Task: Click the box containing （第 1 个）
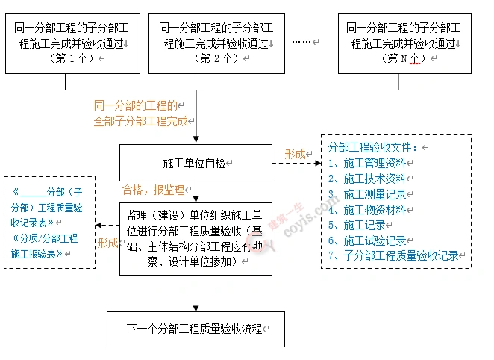[72, 43]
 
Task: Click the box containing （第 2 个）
[216, 43]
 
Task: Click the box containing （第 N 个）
[404, 43]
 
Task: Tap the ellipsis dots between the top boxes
[302, 42]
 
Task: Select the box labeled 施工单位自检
[196, 162]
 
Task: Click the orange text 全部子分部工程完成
[140, 121]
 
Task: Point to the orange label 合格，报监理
[153, 190]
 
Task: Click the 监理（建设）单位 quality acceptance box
[196, 238]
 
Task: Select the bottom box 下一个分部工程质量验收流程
[196, 329]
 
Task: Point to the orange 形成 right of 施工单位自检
[295, 154]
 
